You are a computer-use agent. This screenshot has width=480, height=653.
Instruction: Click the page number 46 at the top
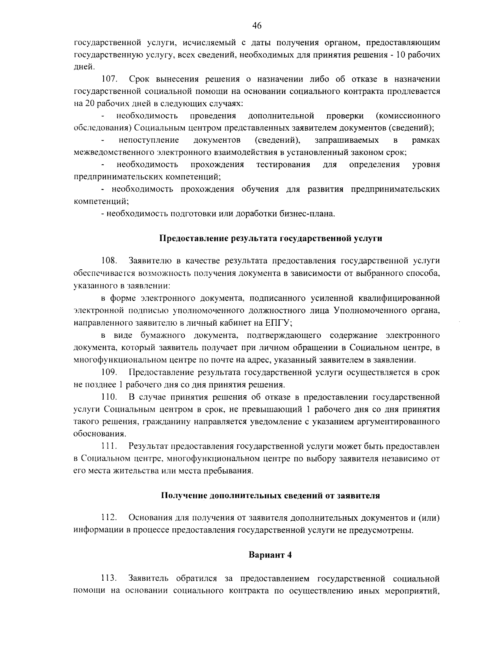257,26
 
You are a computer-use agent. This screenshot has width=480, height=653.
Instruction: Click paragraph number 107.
108,79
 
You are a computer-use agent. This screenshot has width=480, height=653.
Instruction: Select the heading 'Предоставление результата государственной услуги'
271,239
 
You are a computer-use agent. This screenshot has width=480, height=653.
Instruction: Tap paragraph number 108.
108,261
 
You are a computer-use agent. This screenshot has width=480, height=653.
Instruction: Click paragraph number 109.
108,372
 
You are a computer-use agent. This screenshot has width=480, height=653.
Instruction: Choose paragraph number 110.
108,397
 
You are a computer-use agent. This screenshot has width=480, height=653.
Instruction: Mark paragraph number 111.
108,446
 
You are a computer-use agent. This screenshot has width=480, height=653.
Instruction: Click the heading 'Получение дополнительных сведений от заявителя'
270,496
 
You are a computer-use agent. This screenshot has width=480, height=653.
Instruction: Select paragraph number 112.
108,518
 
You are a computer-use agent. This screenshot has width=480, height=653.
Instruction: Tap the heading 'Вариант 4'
270,555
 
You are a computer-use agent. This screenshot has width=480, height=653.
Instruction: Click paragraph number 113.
108,578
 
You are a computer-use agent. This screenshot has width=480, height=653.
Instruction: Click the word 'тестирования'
283,165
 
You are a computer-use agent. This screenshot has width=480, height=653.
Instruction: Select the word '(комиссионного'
408,116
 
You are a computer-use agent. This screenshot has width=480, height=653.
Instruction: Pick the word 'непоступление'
148,140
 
